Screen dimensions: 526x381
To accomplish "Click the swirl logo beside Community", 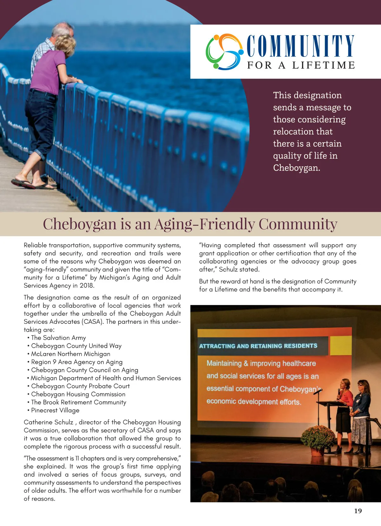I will [x=224, y=51].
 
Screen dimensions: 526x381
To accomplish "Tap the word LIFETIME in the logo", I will [x=324, y=65].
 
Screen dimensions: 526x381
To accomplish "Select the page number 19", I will [x=358, y=511].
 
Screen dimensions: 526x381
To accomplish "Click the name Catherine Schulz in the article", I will [x=48, y=423].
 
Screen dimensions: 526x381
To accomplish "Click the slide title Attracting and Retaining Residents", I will [x=258, y=346].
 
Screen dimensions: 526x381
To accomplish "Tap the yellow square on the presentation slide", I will [x=341, y=345].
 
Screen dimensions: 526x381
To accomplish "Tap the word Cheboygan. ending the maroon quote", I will [x=297, y=168].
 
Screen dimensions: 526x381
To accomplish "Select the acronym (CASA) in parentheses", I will [x=93, y=322].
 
